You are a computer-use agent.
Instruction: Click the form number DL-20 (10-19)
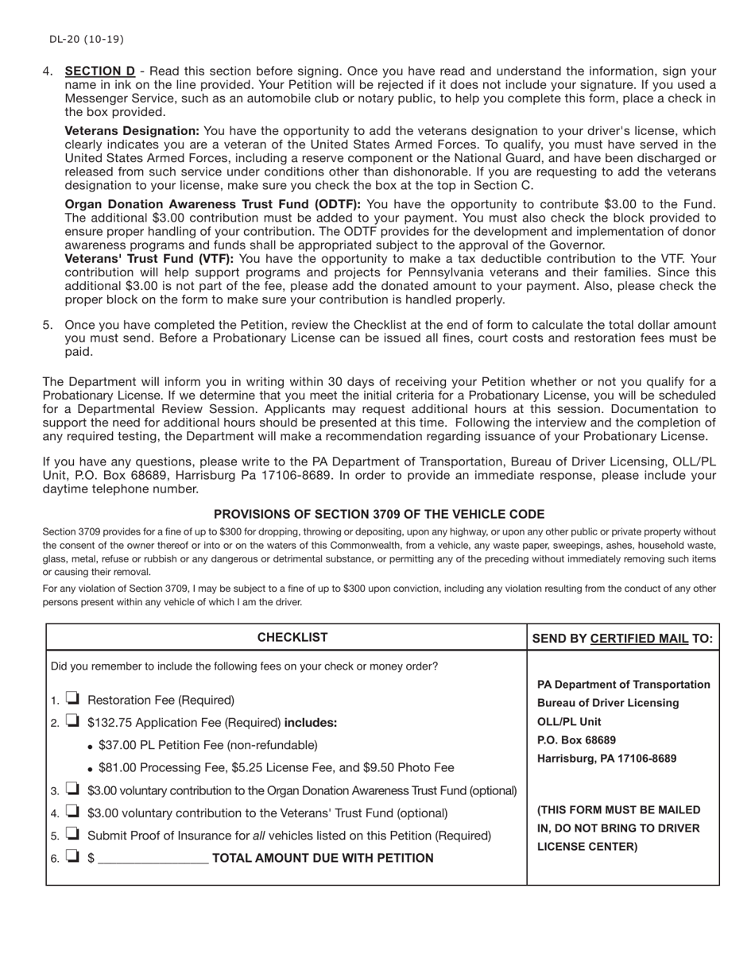86,39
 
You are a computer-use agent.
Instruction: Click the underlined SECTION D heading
99,71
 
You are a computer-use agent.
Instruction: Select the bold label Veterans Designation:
132,131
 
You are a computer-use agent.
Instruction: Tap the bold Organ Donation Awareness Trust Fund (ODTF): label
212,204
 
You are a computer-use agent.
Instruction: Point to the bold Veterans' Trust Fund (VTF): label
149,259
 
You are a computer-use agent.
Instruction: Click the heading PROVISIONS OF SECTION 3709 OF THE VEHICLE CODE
379,515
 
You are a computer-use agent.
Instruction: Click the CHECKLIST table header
292,638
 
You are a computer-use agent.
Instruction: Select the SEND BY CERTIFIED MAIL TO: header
622,639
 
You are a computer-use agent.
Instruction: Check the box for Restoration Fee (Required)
72,699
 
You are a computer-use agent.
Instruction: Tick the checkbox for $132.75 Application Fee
72,722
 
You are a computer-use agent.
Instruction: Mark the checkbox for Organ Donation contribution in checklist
72,790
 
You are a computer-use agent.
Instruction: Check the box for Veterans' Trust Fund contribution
72,813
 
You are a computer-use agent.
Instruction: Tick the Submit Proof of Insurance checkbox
72,835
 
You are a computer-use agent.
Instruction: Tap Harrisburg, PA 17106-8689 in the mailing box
607,759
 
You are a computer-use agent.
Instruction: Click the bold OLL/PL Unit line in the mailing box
569,722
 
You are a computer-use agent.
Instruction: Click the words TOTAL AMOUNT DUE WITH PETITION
323,858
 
